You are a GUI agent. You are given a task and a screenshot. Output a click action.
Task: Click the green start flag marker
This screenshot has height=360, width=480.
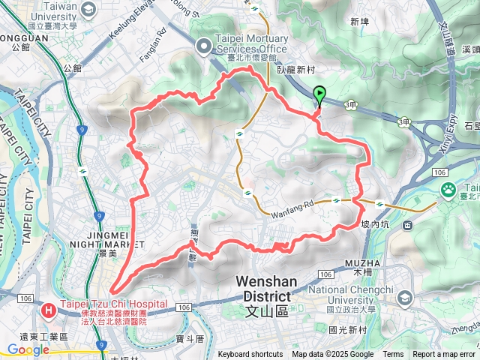point(320,95)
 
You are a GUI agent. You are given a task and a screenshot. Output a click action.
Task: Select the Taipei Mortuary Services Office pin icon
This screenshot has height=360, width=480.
point(202,46)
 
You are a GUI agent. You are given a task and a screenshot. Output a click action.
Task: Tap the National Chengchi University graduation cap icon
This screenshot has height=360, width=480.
point(404,299)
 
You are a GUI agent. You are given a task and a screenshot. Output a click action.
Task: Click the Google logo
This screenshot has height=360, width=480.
point(28,349)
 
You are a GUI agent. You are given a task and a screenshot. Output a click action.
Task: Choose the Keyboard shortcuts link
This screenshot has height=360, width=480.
point(251,355)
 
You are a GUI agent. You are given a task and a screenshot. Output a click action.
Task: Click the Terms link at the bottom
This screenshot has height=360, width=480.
point(393,355)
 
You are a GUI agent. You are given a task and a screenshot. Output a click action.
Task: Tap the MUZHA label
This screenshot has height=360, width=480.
point(363,263)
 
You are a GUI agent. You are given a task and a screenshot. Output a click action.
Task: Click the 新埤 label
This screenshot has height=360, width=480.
point(360,22)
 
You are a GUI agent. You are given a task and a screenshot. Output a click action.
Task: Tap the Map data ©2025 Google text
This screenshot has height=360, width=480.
point(332,355)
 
